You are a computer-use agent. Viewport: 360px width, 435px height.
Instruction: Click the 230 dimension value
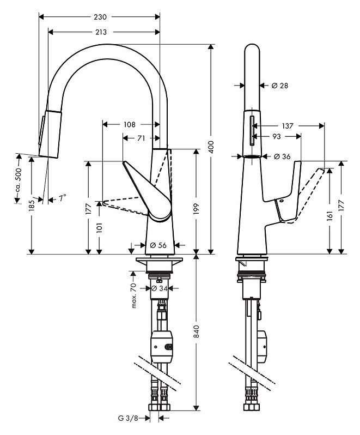(100, 17)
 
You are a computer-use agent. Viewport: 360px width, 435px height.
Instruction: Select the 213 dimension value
(101, 32)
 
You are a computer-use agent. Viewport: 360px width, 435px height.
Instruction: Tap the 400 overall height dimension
(211, 147)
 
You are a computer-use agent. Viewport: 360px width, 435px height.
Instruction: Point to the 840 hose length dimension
(196, 331)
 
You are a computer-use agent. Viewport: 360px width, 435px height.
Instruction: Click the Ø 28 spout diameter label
(280, 86)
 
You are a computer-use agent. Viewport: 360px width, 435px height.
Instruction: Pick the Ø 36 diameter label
(282, 156)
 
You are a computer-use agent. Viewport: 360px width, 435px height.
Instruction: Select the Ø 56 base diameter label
(158, 245)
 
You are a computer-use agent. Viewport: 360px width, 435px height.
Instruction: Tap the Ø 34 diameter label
(160, 288)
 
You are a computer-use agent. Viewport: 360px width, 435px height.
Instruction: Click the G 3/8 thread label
(128, 418)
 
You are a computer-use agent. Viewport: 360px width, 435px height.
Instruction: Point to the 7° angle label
(62, 198)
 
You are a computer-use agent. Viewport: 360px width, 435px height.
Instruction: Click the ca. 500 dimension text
(19, 180)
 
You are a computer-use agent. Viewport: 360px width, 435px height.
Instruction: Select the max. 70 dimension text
(133, 296)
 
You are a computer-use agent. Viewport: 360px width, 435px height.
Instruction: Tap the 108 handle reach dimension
(130, 124)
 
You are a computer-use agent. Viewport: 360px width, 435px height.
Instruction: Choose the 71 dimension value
(142, 137)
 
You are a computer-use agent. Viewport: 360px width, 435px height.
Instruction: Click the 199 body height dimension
(196, 209)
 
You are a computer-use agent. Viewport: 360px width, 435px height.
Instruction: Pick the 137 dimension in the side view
(288, 126)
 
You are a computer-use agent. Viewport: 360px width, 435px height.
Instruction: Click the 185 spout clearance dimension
(32, 206)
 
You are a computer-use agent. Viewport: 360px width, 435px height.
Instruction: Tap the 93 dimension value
(277, 136)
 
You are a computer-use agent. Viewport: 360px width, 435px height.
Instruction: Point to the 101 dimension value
(99, 227)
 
